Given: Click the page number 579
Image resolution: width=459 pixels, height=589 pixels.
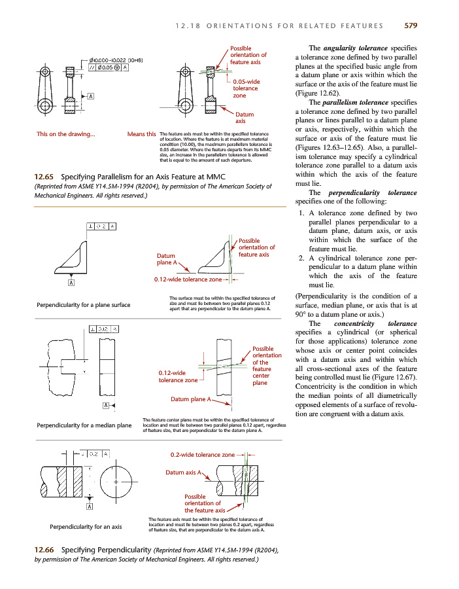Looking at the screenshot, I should tap(410, 26).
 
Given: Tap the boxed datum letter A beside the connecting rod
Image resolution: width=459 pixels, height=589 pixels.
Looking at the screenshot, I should tap(91, 96).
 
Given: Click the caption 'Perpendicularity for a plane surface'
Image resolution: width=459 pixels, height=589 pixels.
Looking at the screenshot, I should tap(84, 304).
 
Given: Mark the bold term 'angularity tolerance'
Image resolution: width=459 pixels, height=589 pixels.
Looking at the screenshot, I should tap(353, 48).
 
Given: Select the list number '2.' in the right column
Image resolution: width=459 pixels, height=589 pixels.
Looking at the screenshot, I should tap(301, 257).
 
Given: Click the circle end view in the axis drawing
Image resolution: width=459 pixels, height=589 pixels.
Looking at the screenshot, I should tap(116, 483).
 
